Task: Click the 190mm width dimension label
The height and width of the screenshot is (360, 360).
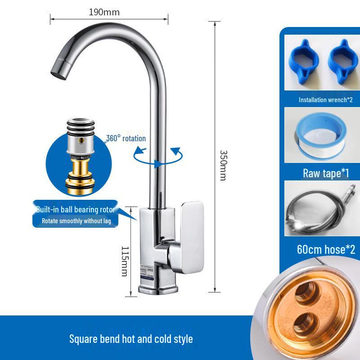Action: [x=104, y=12]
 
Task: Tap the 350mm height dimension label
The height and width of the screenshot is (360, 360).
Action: [x=222, y=165]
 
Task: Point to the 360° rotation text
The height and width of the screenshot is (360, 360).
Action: [x=126, y=138]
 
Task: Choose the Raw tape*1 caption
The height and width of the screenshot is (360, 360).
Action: [x=326, y=173]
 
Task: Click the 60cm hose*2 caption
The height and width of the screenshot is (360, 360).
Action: [x=326, y=249]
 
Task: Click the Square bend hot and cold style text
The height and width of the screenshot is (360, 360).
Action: [x=131, y=338]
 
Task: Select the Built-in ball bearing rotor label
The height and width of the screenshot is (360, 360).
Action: [x=75, y=210]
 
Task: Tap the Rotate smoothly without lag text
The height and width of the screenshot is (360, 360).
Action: [x=76, y=221]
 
